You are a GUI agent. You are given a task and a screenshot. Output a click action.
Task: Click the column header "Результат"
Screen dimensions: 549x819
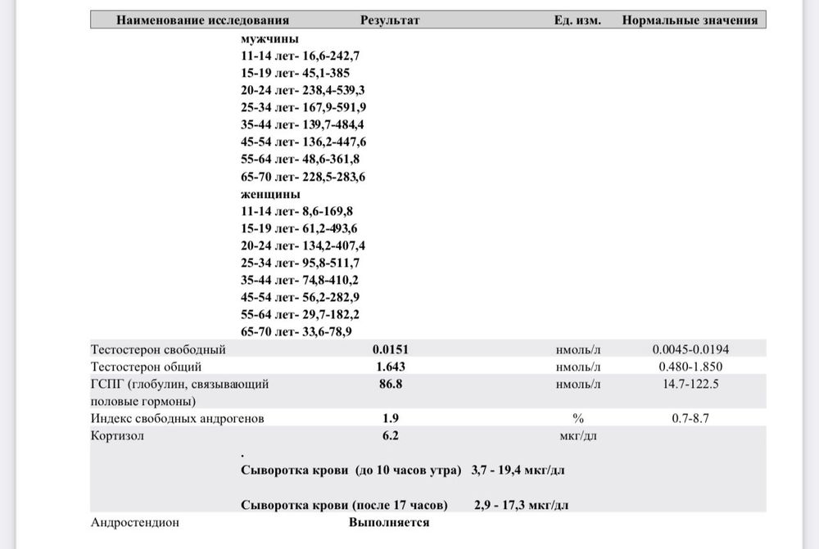coord(390,20)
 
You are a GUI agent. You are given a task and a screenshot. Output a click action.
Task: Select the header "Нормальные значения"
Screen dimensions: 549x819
coord(690,20)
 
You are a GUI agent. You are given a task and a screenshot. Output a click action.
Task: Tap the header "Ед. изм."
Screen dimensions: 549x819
coord(577,20)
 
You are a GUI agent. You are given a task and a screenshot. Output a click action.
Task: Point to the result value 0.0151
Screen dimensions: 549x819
coord(390,350)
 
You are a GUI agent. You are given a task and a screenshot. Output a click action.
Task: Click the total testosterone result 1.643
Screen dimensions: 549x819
coord(390,367)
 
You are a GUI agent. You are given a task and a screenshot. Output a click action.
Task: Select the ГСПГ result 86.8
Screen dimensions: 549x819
coord(390,384)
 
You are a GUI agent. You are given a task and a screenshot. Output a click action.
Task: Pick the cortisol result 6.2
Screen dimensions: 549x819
coord(390,436)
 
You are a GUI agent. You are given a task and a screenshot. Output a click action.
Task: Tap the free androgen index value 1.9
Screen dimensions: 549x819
coord(390,419)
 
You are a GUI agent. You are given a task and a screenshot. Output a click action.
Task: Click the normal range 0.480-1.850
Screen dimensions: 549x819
coord(690,367)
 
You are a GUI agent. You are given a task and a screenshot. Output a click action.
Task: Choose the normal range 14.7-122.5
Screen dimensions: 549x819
coord(690,384)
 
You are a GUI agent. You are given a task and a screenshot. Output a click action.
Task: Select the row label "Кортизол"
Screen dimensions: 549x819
coord(117,436)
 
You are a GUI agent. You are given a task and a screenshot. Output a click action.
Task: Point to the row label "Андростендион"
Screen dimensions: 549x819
coord(134,522)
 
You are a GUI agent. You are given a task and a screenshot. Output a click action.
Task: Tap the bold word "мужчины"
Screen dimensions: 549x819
coord(269,40)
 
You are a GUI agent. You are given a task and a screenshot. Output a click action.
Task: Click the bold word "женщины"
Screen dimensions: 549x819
coord(270,195)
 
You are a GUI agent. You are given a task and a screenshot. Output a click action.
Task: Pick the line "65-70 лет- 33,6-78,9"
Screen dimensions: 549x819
coord(296,331)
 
